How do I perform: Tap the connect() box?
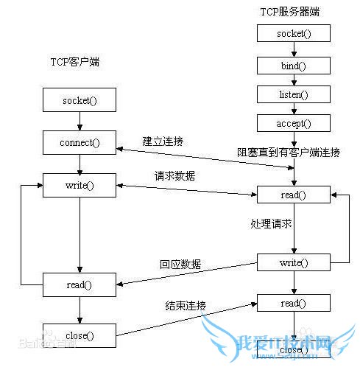[x=79, y=141]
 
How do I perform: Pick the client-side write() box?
[x=79, y=185]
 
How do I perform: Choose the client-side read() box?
[x=79, y=284]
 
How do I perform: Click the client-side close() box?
[x=79, y=336]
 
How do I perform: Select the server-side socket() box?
[x=293, y=33]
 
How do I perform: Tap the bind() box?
[x=293, y=65]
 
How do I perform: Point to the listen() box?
[x=293, y=94]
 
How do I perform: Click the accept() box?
[x=293, y=123]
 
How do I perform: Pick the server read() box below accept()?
[x=293, y=195]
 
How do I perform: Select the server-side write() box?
[x=293, y=262]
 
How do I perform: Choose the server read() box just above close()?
[x=293, y=303]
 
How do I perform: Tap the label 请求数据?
[x=174, y=177]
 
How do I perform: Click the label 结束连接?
[x=185, y=306]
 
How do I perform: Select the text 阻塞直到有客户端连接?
[x=289, y=153]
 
